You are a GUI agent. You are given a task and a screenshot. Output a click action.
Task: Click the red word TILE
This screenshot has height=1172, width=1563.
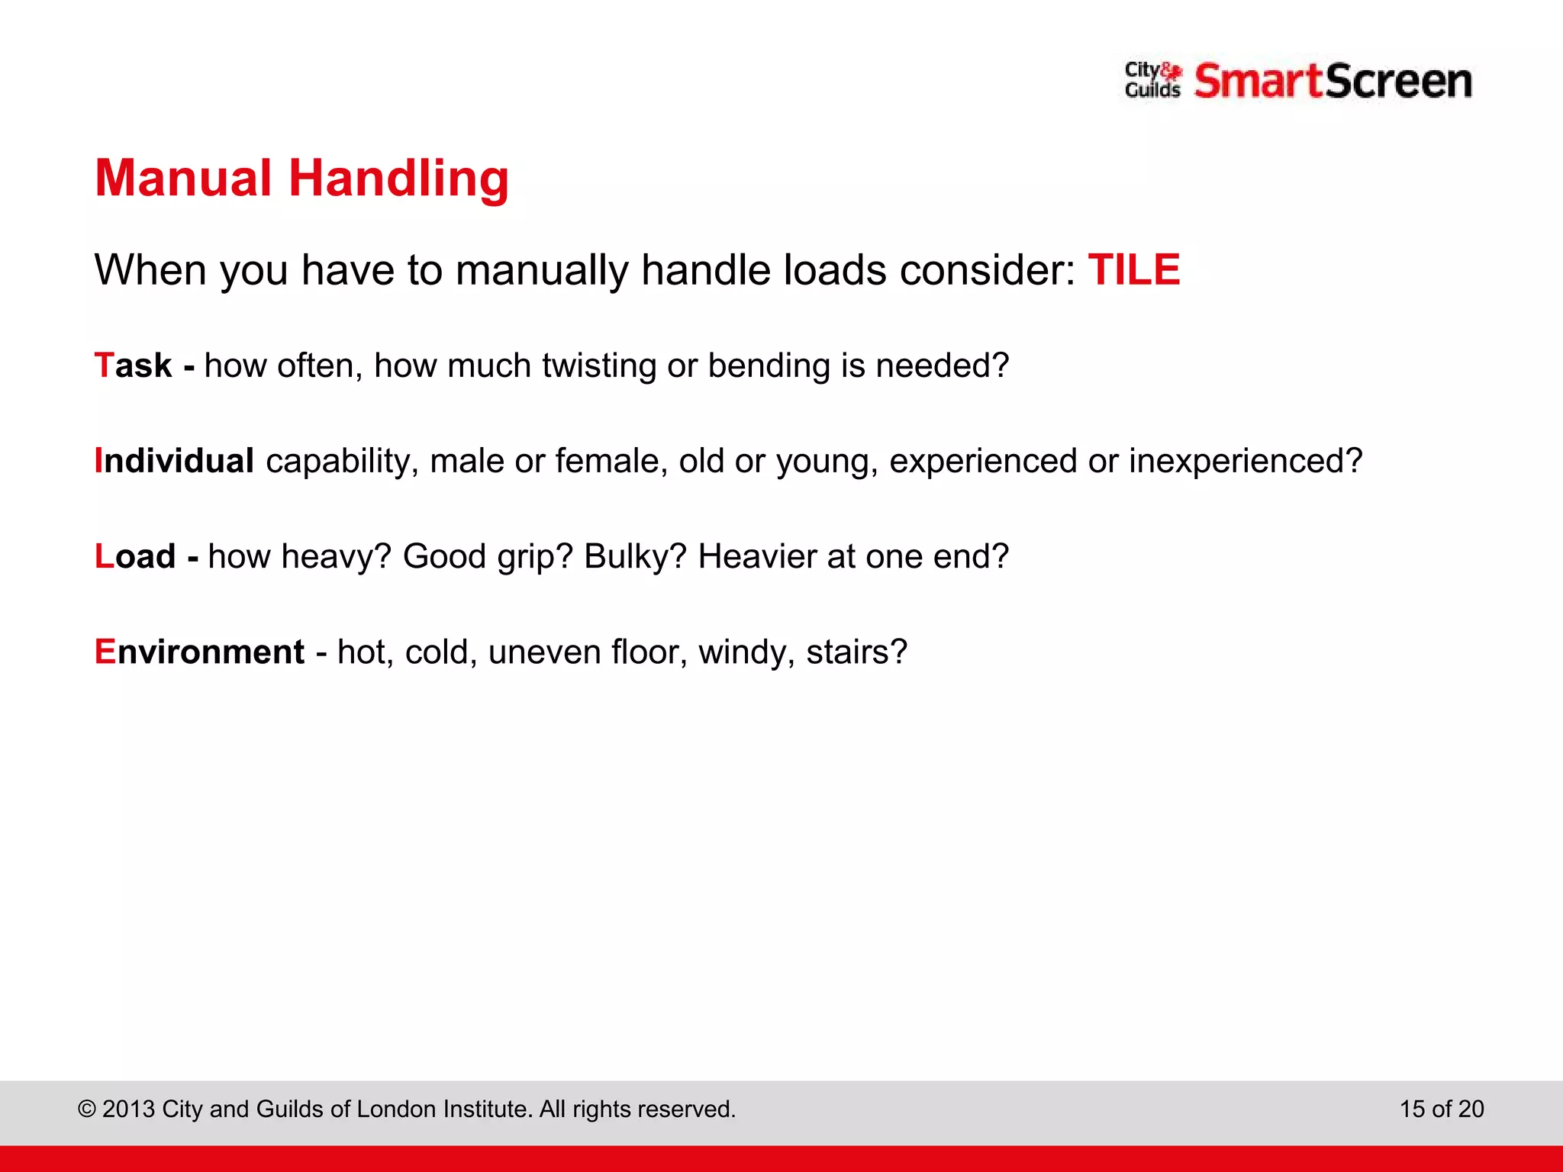pyautogui.click(x=1133, y=270)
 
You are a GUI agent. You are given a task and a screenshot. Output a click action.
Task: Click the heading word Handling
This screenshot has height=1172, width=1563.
pyautogui.click(x=398, y=179)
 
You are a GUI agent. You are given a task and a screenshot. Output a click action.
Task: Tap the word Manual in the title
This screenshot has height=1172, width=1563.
pyautogui.click(x=183, y=179)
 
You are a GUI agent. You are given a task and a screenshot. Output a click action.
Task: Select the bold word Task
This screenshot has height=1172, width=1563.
pyautogui.click(x=134, y=365)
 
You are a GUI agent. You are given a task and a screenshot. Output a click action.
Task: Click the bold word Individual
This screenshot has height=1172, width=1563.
pyautogui.click(x=174, y=461)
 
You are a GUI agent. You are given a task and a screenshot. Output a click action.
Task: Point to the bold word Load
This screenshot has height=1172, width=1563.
pyautogui.click(x=135, y=556)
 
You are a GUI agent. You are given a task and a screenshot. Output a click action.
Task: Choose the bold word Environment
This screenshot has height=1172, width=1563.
pyautogui.click(x=199, y=652)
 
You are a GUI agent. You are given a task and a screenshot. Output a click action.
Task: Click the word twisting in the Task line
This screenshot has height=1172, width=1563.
pyautogui.click(x=599, y=366)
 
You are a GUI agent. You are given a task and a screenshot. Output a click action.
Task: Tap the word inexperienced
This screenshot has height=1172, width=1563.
pyautogui.click(x=1245, y=462)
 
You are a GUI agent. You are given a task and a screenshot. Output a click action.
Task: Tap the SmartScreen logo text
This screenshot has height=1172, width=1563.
pyautogui.click(x=1333, y=82)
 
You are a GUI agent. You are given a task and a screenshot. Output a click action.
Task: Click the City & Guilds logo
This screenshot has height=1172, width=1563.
pyautogui.click(x=1152, y=80)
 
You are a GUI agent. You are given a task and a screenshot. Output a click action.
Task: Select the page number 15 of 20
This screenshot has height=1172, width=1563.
pyautogui.click(x=1441, y=1109)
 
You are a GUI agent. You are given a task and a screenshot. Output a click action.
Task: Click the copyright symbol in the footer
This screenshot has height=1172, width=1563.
pyautogui.click(x=87, y=1109)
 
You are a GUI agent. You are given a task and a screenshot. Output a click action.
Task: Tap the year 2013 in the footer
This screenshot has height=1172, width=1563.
pyautogui.click(x=128, y=1109)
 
